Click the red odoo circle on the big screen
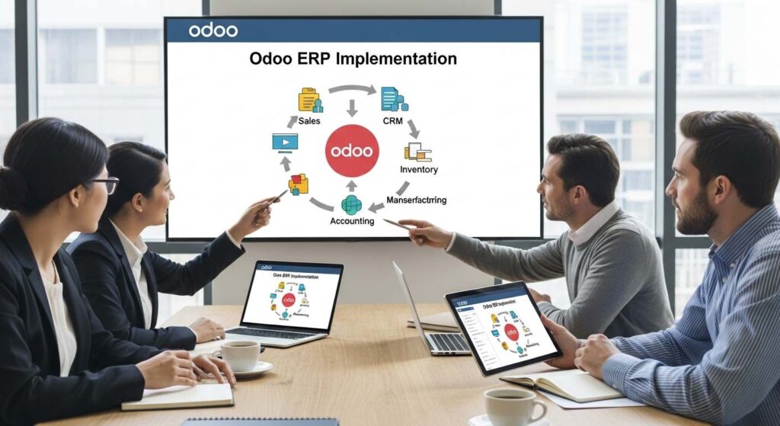pos(351,150)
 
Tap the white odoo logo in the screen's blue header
pos(213,30)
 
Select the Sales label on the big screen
pos(309,121)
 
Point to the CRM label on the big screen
pos(392,121)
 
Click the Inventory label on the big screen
pos(418,169)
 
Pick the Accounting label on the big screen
pos(351,221)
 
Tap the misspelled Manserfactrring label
pos(416,200)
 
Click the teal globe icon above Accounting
pos(351,204)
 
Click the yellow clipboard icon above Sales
pos(309,100)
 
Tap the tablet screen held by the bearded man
pos(502,328)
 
